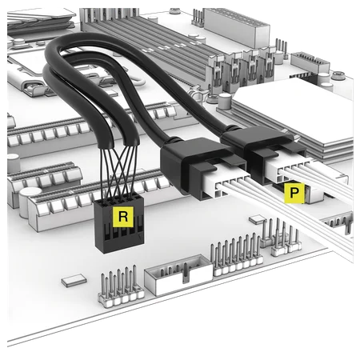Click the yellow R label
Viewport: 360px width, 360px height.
pyautogui.click(x=122, y=217)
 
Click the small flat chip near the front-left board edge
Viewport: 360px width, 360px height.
pyautogui.click(x=74, y=280)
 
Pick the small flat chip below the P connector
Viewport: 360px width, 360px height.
pyautogui.click(x=258, y=218)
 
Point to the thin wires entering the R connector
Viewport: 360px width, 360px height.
pyautogui.click(x=118, y=180)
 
